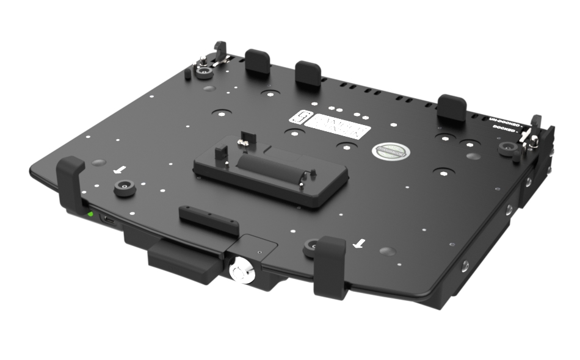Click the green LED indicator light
pos(90,214)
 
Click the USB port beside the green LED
pos(108,220)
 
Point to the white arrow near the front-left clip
pos(122,169)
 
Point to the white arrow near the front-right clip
pos(360,244)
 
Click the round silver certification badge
pos(389,150)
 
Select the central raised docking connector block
pos(270,173)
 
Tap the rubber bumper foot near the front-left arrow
pos(125,189)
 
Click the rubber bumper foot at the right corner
pos(506,148)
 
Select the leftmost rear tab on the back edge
pos(258,62)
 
